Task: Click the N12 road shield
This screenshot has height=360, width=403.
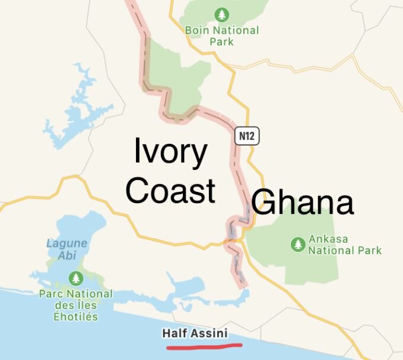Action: click(x=247, y=136)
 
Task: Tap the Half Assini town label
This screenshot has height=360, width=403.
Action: click(x=195, y=333)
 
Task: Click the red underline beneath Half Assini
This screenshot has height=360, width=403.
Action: click(x=204, y=345)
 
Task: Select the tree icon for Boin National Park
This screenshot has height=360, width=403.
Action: click(x=222, y=14)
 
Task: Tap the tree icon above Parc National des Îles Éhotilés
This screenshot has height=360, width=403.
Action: click(x=75, y=277)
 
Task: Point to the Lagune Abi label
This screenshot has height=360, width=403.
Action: click(x=66, y=249)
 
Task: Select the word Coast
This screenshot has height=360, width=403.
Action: click(x=170, y=191)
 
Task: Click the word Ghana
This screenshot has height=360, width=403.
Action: click(x=302, y=203)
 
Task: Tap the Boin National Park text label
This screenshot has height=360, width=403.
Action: click(x=221, y=36)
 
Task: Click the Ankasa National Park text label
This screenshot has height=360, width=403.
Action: click(x=344, y=244)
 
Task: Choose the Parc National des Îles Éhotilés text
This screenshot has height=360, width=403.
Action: click(x=75, y=305)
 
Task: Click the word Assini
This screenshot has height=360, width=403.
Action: click(x=208, y=333)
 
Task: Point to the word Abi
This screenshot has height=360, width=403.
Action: click(x=67, y=255)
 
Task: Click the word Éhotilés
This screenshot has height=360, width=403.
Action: click(x=75, y=317)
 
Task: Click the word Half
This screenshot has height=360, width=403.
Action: click(x=174, y=333)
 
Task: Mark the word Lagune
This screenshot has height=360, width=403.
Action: click(x=66, y=243)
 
